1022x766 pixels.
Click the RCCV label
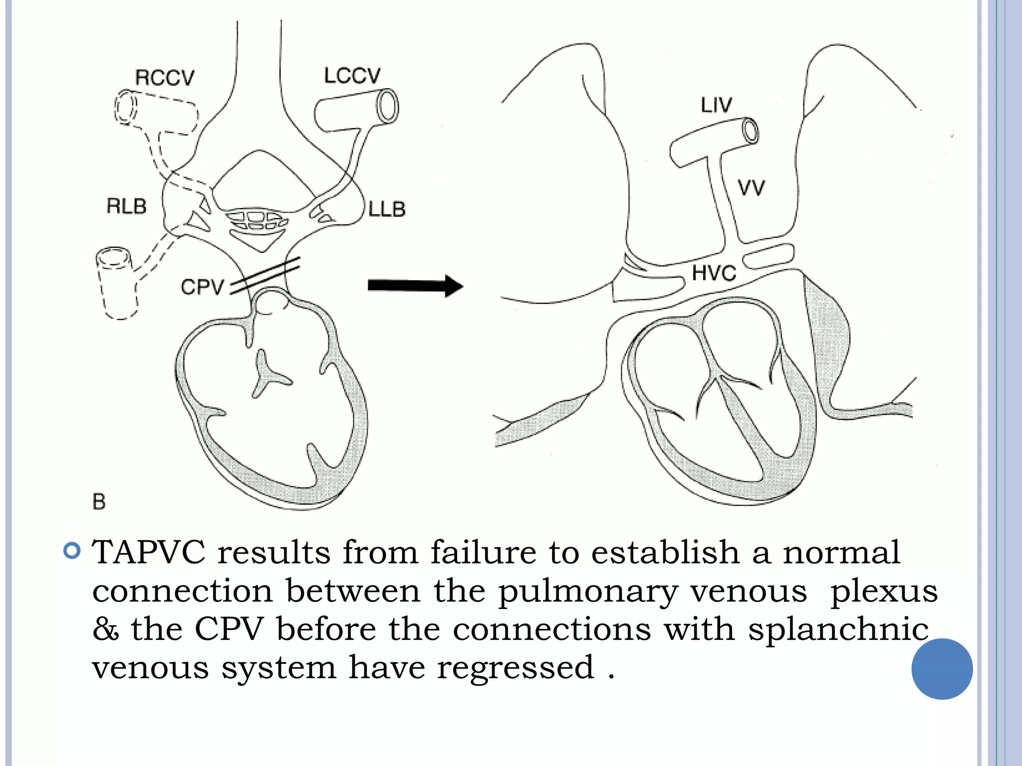pyautogui.click(x=165, y=78)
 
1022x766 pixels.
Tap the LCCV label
pyautogui.click(x=352, y=76)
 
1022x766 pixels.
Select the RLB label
pyautogui.click(x=127, y=206)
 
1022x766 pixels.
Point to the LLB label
pyautogui.click(x=387, y=209)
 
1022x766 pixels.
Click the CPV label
pyautogui.click(x=203, y=287)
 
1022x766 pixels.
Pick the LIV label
pyautogui.click(x=716, y=105)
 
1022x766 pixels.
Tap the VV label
pyautogui.click(x=751, y=188)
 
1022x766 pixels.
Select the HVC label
pyautogui.click(x=714, y=273)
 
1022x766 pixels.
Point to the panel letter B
pyautogui.click(x=99, y=502)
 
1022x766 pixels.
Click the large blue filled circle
pyautogui.click(x=942, y=669)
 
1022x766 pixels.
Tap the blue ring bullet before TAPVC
pyautogui.click(x=72, y=551)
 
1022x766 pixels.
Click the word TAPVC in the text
pyautogui.click(x=149, y=553)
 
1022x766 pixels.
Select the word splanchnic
pyautogui.click(x=838, y=629)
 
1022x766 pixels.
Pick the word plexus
pyautogui.click(x=884, y=592)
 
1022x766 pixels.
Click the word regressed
pyautogui.click(x=515, y=668)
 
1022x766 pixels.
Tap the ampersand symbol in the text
pyautogui.click(x=106, y=629)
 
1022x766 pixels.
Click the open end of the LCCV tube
pyautogui.click(x=387, y=106)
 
